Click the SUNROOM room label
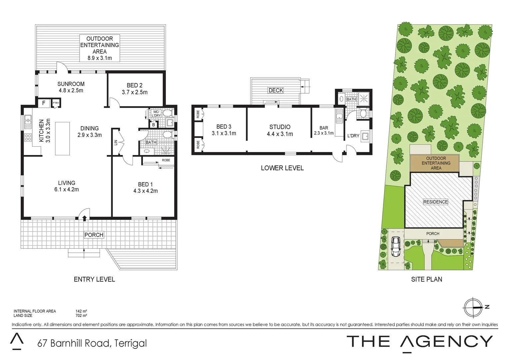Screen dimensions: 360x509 click(x=71, y=84)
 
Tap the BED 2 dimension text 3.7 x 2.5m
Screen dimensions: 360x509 click(x=135, y=92)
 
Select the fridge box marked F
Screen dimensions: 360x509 click(x=44, y=103)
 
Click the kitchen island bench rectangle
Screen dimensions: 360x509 click(x=62, y=139)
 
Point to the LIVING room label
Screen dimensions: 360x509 click(x=67, y=183)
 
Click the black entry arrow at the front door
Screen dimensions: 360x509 click(x=85, y=218)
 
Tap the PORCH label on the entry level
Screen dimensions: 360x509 click(x=94, y=235)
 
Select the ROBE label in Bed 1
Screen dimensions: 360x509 click(x=166, y=160)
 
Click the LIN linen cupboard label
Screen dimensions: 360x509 click(x=116, y=143)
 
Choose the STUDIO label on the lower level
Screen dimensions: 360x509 click(x=280, y=127)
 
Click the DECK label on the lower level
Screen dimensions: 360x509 click(x=276, y=90)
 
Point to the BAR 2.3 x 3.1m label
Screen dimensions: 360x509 click(x=324, y=130)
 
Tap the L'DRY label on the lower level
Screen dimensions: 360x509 click(x=353, y=136)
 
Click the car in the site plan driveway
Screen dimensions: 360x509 click(x=396, y=247)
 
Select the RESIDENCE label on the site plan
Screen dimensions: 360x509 click(x=435, y=202)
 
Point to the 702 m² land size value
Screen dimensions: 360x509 click(x=81, y=316)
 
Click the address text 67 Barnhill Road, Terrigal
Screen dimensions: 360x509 click(x=92, y=343)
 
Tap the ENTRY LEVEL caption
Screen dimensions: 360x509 click(x=94, y=279)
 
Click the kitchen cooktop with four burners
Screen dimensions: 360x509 click(x=28, y=137)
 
